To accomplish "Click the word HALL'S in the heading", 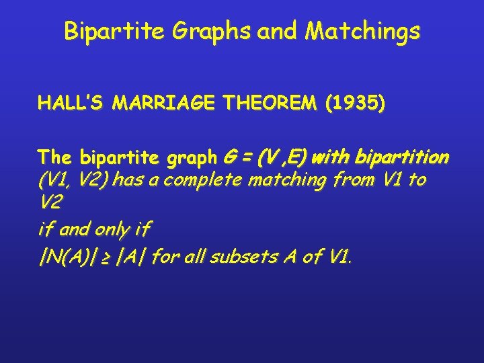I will pyautogui.click(x=72, y=104).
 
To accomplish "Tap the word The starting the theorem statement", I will pyautogui.click(x=56, y=158).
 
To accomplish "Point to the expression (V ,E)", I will pyautogui.click(x=283, y=158).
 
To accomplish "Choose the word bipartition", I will pyautogui.click(x=399, y=158).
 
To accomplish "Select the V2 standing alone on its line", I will pyautogui.click(x=49, y=204).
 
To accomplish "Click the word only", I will pyautogui.click(x=114, y=229).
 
